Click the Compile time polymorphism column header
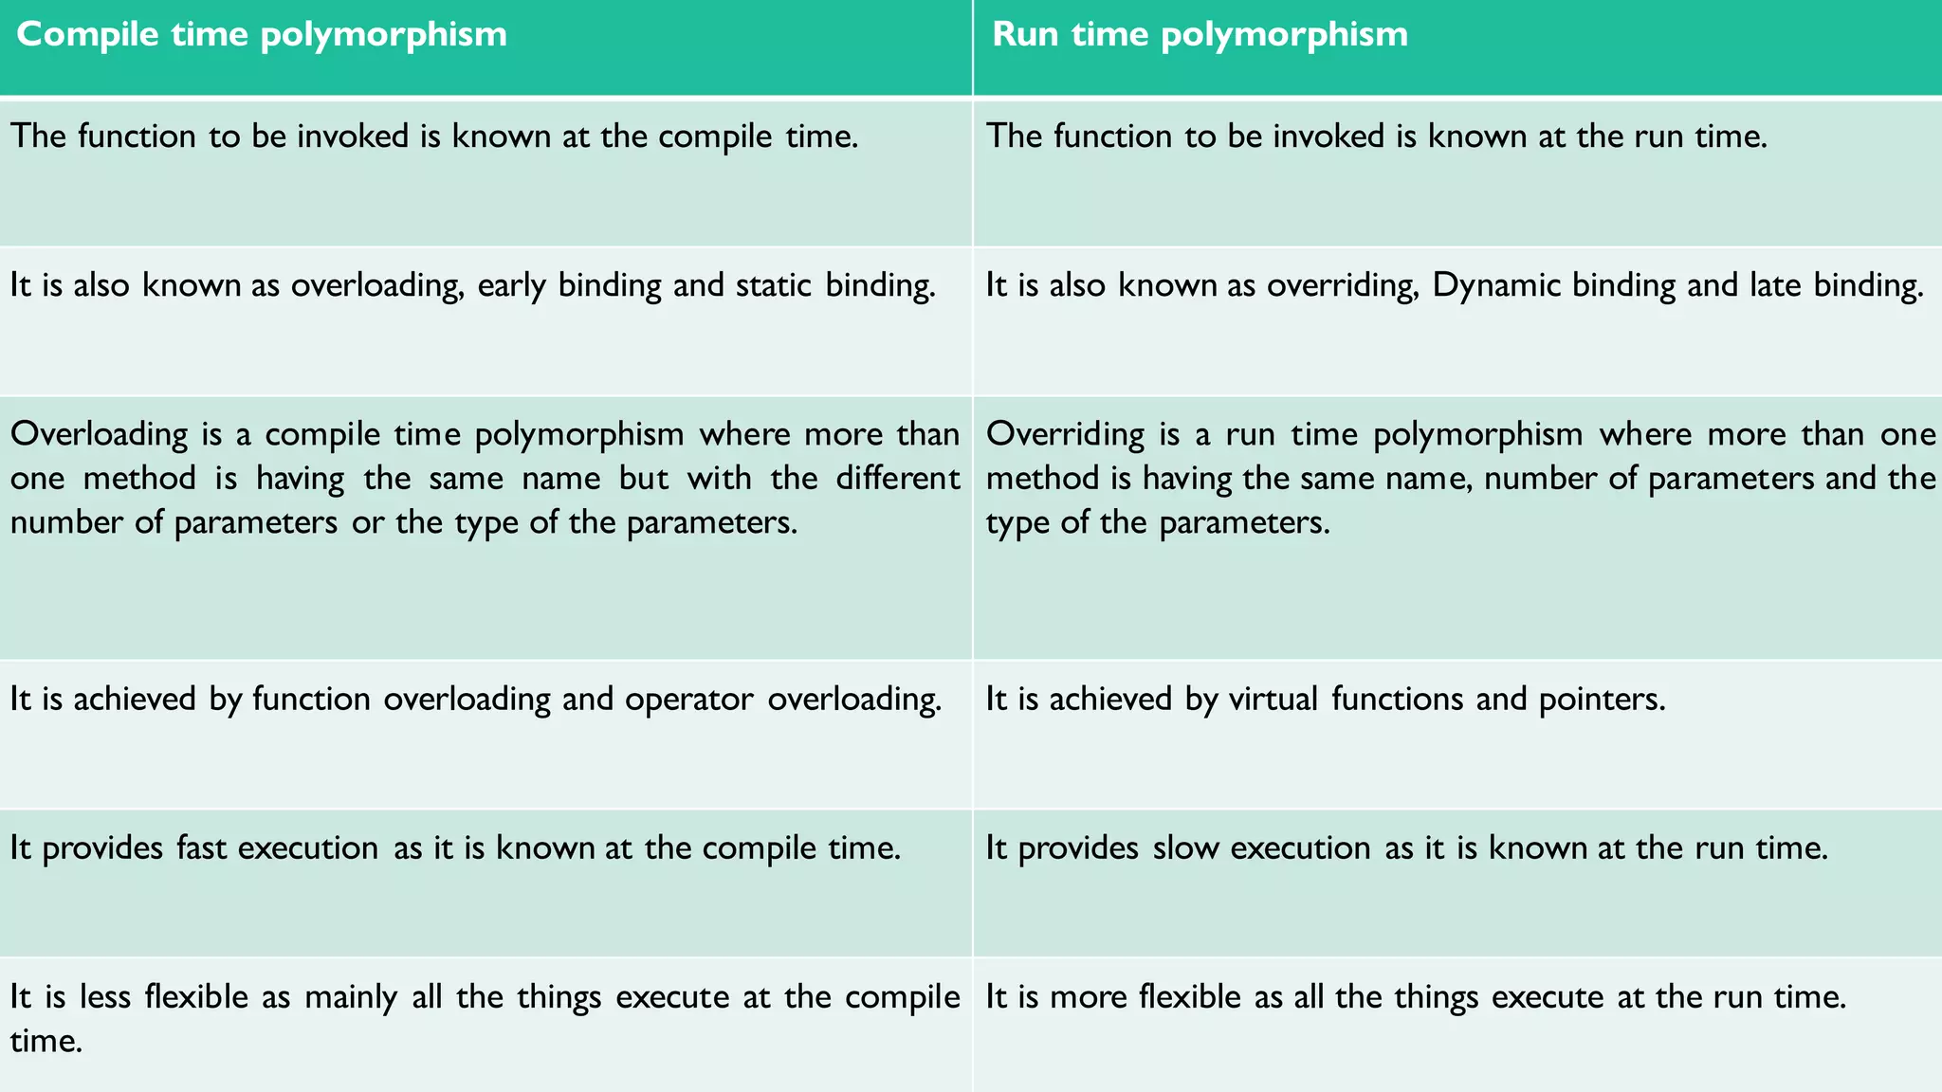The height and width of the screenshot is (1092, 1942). point(262,35)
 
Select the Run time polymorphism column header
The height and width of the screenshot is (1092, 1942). point(1200,35)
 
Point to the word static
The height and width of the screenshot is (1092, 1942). point(773,285)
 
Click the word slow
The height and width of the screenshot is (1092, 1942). point(1185,847)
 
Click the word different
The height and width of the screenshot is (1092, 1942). point(897,478)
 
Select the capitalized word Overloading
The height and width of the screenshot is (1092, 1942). point(99,434)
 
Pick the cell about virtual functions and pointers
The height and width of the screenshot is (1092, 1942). point(1456,735)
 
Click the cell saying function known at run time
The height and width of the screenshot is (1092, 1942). point(1456,173)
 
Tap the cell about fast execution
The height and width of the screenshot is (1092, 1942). point(485,883)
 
